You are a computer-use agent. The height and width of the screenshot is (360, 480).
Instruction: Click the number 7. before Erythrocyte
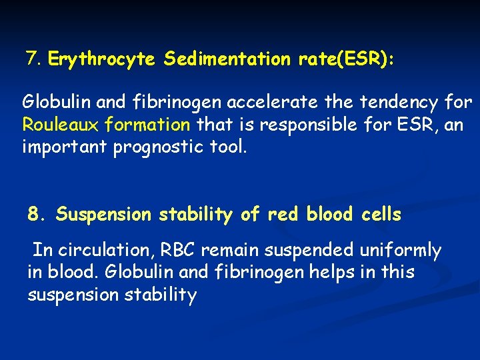point(34,59)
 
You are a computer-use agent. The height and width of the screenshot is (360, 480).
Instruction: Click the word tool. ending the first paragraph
point(229,146)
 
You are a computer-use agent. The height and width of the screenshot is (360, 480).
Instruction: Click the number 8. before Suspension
point(37,214)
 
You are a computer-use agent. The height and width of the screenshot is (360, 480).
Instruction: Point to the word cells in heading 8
point(381,214)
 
